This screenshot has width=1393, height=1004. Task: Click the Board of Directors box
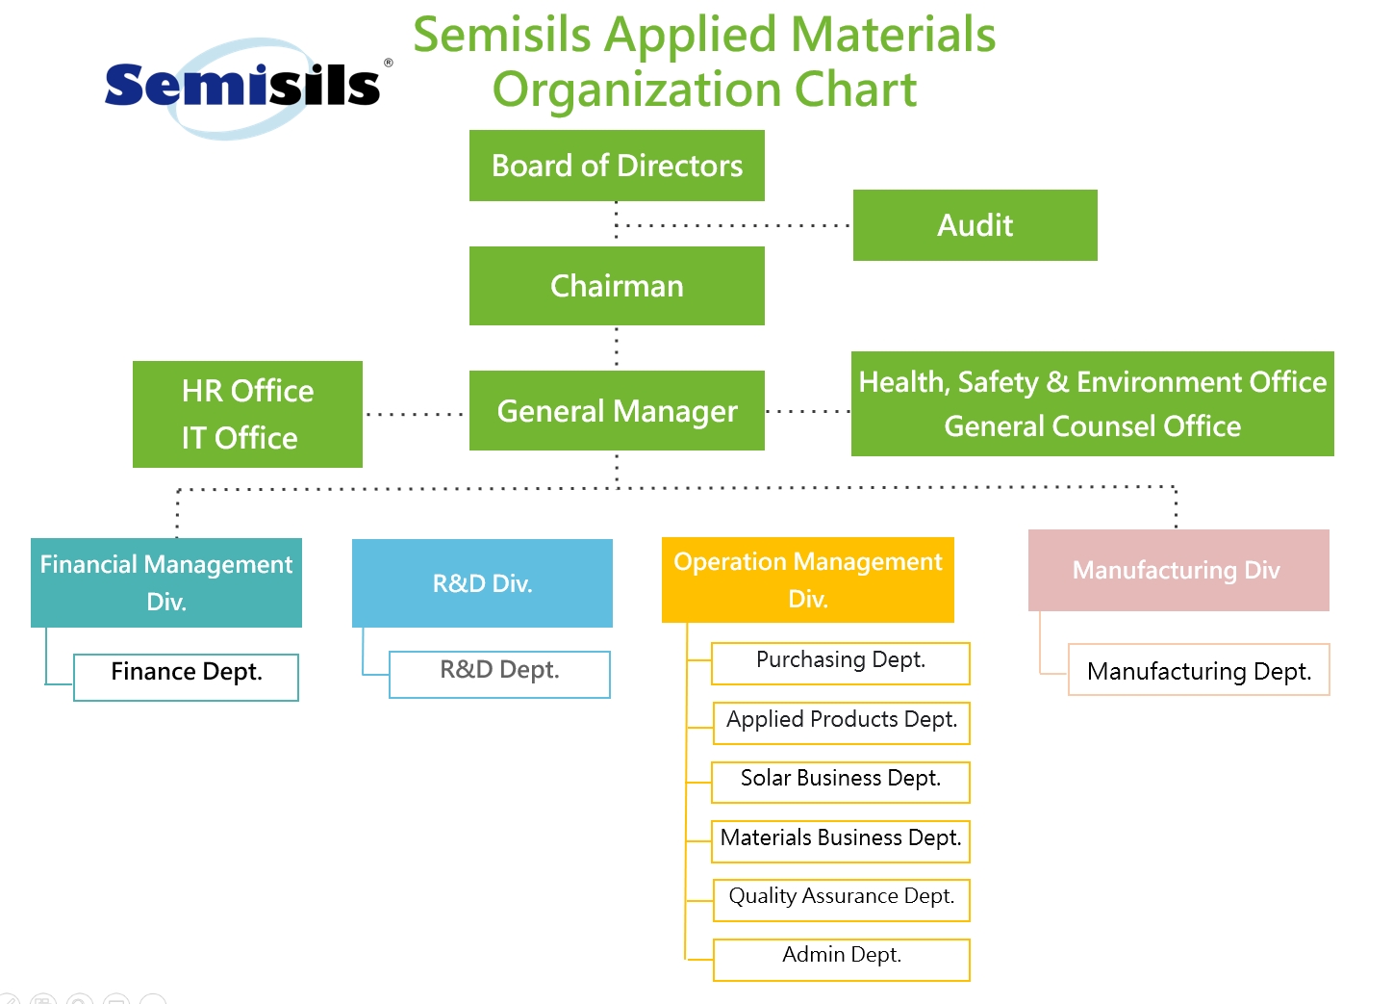coord(617,166)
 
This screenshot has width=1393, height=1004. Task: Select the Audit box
coord(975,225)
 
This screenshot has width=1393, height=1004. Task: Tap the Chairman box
coord(617,286)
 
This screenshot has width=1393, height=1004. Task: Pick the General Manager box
coord(617,411)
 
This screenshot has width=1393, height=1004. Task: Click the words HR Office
coord(247,391)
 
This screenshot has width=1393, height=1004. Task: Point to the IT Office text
coord(240,438)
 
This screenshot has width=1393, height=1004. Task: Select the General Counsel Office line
coord(1092,426)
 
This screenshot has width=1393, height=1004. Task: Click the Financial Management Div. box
coord(166,582)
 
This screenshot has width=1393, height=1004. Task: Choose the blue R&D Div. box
coord(482,583)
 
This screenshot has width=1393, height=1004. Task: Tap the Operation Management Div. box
coord(807,579)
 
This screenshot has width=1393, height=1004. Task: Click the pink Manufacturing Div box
coord(1178,570)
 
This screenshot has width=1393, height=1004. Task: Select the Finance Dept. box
coord(186,678)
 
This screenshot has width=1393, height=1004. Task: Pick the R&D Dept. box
coord(499,675)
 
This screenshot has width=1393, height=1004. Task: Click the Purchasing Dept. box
coord(840,663)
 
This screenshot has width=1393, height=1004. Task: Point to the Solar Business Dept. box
coord(840,783)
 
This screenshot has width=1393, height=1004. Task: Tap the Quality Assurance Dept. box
coord(842,900)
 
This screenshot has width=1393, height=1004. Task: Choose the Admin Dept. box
coord(842,960)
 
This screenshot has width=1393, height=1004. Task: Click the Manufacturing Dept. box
coord(1199,669)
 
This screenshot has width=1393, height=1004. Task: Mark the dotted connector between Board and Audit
coord(734,225)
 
